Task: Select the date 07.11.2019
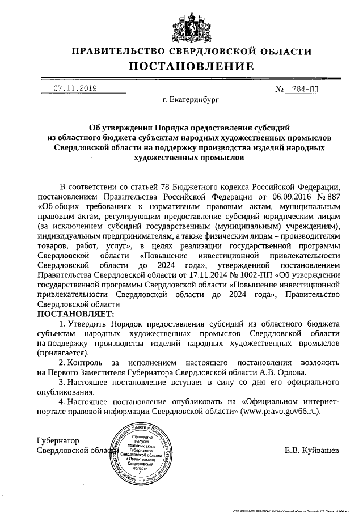click(x=75, y=88)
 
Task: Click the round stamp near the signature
click(x=143, y=452)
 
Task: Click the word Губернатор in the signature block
click(x=57, y=440)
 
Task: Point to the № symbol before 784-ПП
click(x=279, y=89)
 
